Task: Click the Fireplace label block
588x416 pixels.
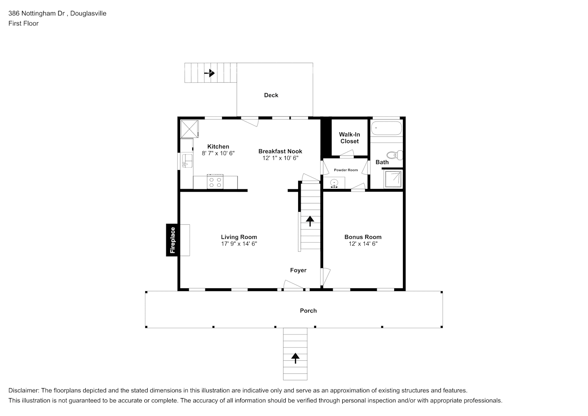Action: [173, 240]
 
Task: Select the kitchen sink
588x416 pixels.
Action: [187, 161]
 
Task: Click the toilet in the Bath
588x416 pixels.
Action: [395, 155]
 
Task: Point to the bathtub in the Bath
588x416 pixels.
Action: [386, 129]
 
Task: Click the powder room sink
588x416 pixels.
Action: [334, 183]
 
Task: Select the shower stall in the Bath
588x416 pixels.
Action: [393, 179]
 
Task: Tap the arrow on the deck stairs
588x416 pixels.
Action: [210, 73]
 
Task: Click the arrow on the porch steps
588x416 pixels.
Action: [295, 358]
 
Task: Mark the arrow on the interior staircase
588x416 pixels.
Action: [310, 221]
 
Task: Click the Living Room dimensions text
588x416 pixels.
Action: [239, 244]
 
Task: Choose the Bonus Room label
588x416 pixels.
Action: [363, 237]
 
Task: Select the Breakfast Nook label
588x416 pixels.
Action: [280, 151]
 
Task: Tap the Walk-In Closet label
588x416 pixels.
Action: [349, 138]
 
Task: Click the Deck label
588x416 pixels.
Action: [271, 95]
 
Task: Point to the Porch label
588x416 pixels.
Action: [308, 311]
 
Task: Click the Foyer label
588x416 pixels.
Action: [298, 270]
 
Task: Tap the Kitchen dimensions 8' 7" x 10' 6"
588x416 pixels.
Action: [218, 153]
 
